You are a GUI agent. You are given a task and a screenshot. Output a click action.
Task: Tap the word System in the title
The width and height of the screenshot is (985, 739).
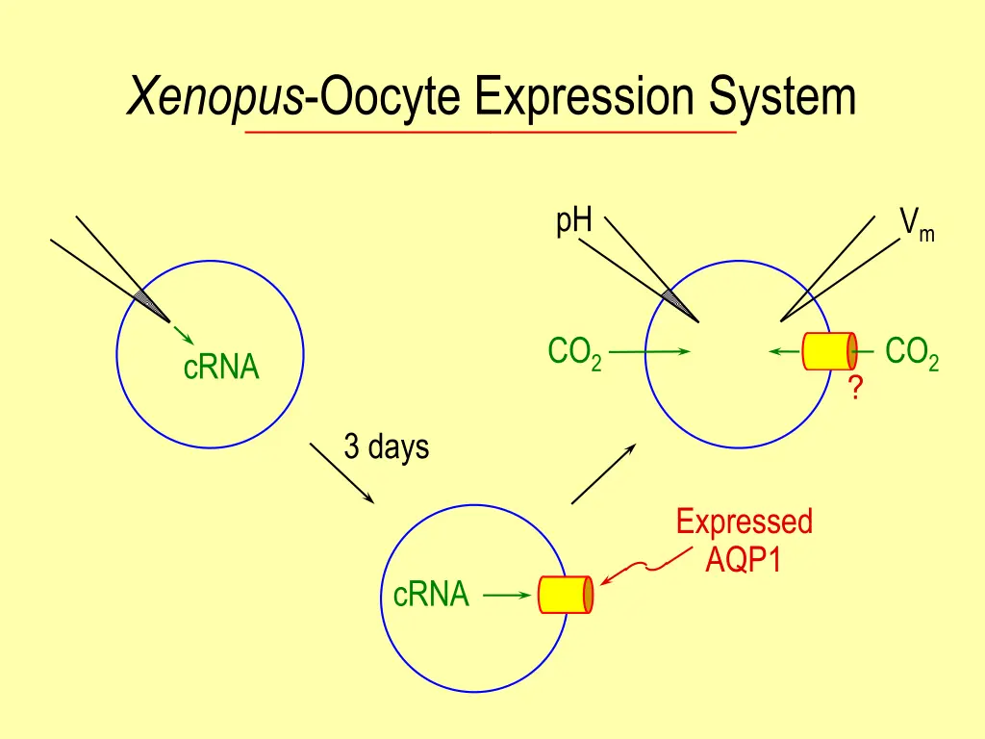(782, 97)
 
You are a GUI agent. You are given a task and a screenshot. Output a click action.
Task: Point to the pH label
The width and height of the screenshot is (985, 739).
(573, 221)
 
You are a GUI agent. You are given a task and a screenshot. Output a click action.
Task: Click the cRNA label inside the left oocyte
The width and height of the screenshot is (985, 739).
(221, 368)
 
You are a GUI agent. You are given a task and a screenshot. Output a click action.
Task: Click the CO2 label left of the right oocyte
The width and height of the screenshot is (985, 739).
(574, 353)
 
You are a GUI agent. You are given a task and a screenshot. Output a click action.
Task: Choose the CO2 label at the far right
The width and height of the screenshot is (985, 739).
(911, 353)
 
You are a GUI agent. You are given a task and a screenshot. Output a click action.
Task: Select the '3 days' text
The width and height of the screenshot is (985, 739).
(386, 447)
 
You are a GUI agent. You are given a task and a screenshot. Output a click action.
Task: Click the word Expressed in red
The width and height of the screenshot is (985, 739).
(744, 522)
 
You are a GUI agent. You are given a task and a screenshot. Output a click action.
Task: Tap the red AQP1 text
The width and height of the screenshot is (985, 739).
(743, 559)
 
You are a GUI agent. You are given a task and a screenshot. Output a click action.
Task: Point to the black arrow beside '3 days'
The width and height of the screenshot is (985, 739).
(341, 472)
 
